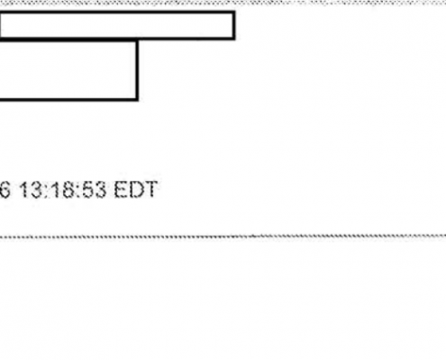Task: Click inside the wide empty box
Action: click(x=116, y=25)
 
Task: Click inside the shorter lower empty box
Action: click(x=68, y=69)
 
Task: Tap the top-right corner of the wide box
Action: click(x=234, y=13)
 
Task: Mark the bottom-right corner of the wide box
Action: click(x=234, y=39)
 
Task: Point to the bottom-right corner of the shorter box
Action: click(x=137, y=99)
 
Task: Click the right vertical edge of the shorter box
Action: click(x=137, y=69)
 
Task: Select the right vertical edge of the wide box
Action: click(x=234, y=25)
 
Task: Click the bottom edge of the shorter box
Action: click(x=68, y=99)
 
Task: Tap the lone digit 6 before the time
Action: click(x=5, y=190)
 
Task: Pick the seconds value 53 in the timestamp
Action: click(x=94, y=190)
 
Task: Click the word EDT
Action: click(x=136, y=190)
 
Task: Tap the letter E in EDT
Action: click(x=121, y=190)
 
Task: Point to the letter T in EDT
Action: click(x=150, y=190)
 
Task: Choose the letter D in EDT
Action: click(x=136, y=190)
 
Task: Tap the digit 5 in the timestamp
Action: click(x=87, y=190)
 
